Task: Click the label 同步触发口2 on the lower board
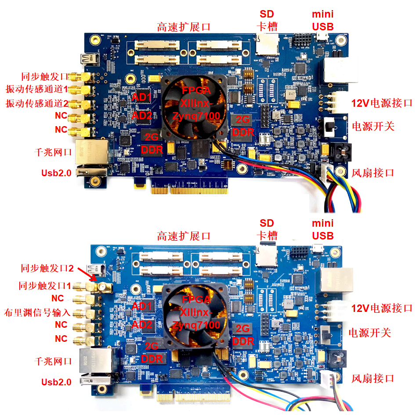47,268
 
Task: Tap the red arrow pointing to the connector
87,274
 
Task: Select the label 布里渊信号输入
37,312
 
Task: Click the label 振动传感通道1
37,89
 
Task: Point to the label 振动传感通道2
37,103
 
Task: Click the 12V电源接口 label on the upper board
382,103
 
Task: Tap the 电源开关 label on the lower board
369,333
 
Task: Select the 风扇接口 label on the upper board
373,173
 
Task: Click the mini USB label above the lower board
323,230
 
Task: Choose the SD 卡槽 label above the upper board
267,20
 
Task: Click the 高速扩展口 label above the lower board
184,236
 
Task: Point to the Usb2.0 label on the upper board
56,173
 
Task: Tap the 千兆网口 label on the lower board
53,361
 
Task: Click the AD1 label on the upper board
141,97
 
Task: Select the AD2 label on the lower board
142,325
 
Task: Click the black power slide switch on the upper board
329,127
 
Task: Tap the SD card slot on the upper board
267,44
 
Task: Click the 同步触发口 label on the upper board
45,76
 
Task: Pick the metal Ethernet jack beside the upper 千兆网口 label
92,152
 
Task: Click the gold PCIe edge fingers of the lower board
193,396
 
